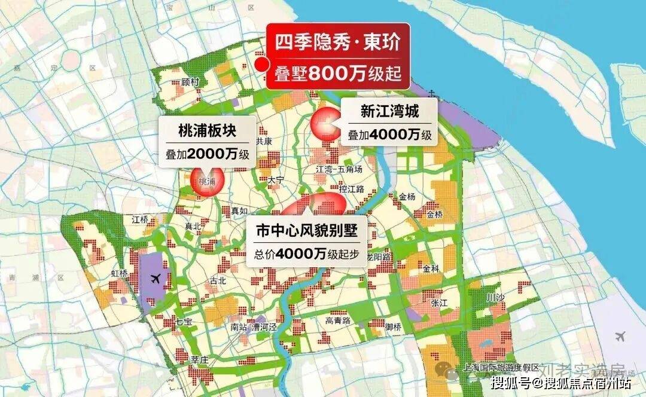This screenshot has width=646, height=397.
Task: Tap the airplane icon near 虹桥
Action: click(156, 278)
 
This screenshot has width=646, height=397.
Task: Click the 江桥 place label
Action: click(140, 219)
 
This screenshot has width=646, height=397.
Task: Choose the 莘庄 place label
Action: click(199, 360)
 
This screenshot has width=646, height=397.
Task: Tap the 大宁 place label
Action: click(276, 179)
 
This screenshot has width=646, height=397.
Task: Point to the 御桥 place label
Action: click(393, 326)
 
